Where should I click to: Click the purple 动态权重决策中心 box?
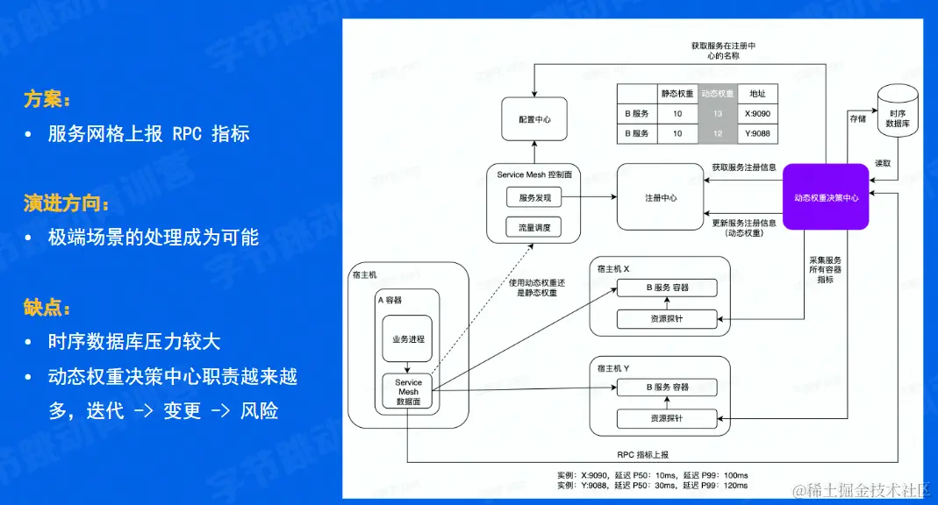[x=826, y=197]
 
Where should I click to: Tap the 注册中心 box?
[x=660, y=197]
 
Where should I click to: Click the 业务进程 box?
[x=407, y=338]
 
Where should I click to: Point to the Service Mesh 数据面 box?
[x=408, y=392]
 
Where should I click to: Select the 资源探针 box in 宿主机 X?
[x=666, y=318]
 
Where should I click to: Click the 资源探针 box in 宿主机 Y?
[x=666, y=418]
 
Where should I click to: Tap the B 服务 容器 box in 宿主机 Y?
[x=667, y=387]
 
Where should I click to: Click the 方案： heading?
[x=48, y=99]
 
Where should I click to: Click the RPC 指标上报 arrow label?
[x=643, y=454]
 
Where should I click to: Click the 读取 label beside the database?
[x=883, y=164]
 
